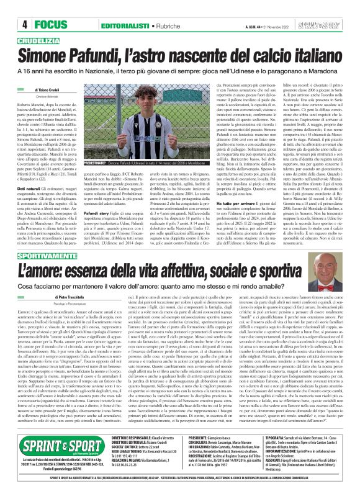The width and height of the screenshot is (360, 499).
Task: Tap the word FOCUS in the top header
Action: coord(32,7)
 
